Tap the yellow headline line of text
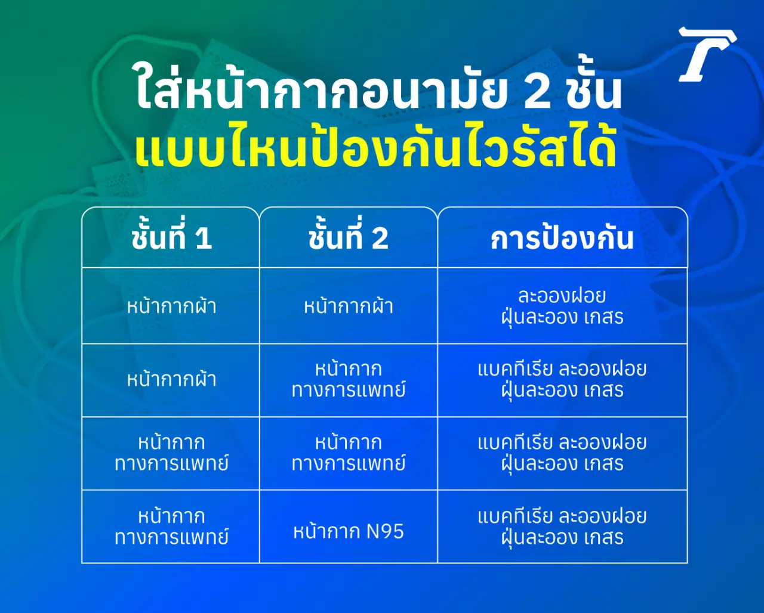[375, 149]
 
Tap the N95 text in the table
[385, 531]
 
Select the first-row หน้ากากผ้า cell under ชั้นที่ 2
[349, 305]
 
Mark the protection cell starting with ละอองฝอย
[562, 306]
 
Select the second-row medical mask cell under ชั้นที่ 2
[349, 380]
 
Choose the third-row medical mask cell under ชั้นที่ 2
[349, 453]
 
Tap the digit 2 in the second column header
[380, 238]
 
